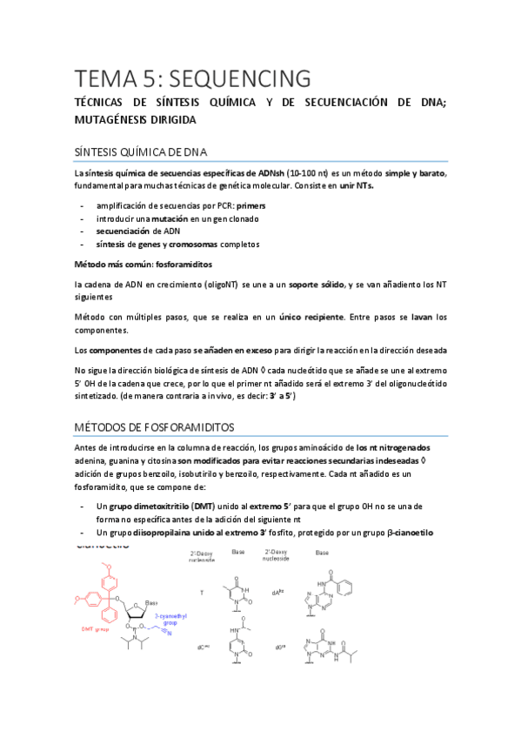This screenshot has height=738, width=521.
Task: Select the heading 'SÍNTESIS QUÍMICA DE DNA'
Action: pos(143,152)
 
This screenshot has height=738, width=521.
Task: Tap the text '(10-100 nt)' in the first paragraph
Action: pos(310,173)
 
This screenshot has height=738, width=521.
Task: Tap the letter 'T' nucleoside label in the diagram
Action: pos(201,592)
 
